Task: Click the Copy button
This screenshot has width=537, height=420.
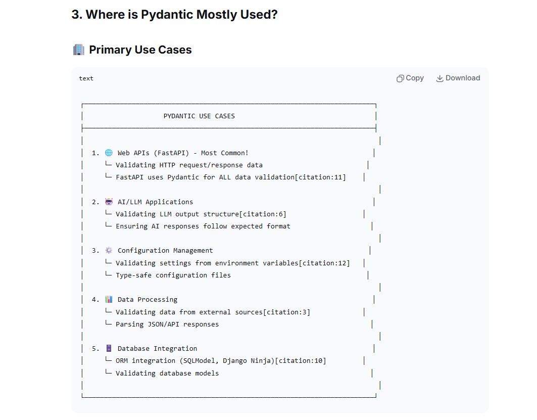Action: (x=410, y=78)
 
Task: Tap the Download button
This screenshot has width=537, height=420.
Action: (x=458, y=78)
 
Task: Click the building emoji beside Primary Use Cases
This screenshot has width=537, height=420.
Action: (x=78, y=50)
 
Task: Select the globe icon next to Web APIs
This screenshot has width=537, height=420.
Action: (x=109, y=153)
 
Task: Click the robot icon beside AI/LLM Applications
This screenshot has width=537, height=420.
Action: (x=109, y=202)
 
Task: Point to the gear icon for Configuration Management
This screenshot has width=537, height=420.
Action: (x=109, y=250)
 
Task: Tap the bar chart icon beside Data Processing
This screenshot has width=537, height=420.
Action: (x=109, y=299)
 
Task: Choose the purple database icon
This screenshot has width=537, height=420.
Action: (x=109, y=348)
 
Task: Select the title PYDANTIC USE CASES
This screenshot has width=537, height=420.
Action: (x=199, y=116)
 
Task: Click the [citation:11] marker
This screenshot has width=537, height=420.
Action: (x=320, y=177)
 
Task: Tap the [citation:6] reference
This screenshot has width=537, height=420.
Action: (x=263, y=214)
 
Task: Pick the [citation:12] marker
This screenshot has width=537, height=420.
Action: (x=324, y=263)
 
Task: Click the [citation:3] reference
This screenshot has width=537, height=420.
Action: (x=286, y=312)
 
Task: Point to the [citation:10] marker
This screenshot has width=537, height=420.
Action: (x=301, y=361)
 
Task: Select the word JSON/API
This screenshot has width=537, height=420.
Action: (x=163, y=324)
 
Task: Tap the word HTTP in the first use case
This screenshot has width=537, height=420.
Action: (x=167, y=165)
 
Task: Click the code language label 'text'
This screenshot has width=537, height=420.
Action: (x=86, y=78)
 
